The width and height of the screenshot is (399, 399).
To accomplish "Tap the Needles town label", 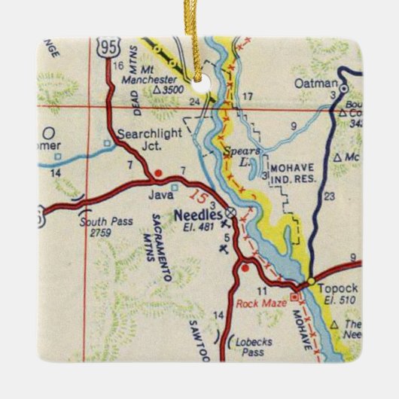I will (193, 213).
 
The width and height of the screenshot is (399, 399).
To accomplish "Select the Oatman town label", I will (312, 82).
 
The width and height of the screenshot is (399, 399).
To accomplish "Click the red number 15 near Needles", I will (198, 199).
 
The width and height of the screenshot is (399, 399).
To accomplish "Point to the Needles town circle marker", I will (231, 214).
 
